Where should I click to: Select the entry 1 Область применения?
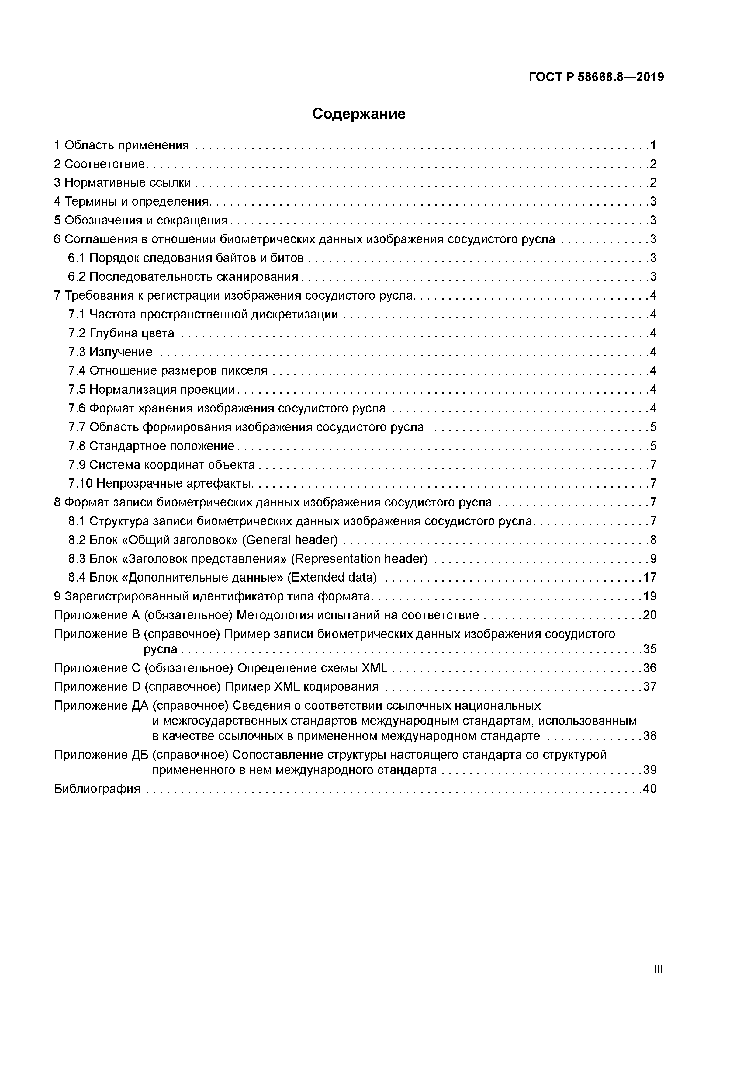[x=121, y=145]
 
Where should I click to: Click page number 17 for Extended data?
[x=649, y=577]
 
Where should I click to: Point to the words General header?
[x=290, y=540]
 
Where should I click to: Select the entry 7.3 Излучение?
[x=110, y=352]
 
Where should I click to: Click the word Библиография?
[x=97, y=789]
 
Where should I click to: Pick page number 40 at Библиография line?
[x=649, y=789]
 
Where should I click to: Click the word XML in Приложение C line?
[x=375, y=668]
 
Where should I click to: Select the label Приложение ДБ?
[x=101, y=755]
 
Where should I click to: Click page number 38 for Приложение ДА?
[x=649, y=736]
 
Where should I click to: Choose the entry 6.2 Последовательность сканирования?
[x=183, y=276]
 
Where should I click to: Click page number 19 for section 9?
[x=649, y=596]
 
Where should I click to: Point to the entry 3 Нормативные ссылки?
[x=122, y=182]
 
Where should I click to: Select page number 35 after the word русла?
[x=649, y=649]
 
